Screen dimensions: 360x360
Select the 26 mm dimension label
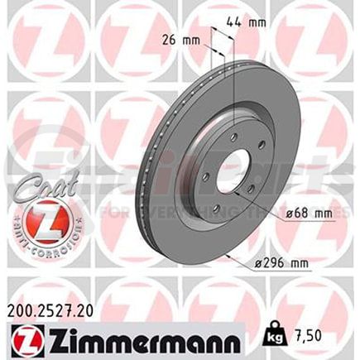(x=182, y=38)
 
